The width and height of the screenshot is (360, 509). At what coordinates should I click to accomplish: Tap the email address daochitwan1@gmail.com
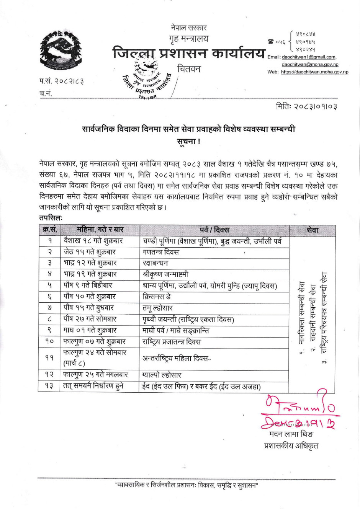point(309,57)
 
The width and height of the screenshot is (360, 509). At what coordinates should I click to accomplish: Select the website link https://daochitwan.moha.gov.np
point(314,72)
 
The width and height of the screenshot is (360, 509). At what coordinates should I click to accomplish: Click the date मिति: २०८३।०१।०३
point(306,106)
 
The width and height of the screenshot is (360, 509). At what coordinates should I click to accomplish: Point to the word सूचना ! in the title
point(188,141)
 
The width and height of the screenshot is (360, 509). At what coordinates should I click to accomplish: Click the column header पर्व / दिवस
point(214,230)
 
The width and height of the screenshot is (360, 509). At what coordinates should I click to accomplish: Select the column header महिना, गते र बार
point(100,230)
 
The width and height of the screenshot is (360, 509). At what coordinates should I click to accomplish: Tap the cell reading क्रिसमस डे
point(157,297)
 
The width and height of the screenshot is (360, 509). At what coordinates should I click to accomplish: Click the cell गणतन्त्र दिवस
point(161,252)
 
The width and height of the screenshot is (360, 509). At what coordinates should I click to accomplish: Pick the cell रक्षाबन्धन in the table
point(155,263)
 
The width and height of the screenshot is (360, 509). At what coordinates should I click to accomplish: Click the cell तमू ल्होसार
point(158,308)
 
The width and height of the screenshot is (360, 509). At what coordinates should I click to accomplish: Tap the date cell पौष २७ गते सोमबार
point(90,319)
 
